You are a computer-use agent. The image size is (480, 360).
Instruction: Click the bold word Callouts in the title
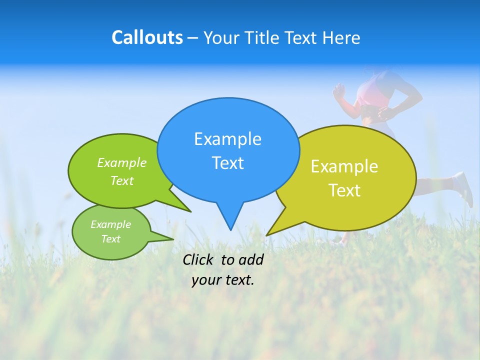147,37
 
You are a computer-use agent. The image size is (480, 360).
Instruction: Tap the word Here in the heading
341,37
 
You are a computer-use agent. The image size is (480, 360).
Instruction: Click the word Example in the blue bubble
227,139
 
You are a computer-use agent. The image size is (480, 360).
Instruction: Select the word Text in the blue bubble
227,163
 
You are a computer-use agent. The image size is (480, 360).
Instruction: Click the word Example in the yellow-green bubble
344,166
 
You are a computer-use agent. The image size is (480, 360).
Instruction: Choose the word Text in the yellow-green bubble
344,190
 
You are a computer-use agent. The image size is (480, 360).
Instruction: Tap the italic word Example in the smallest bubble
110,224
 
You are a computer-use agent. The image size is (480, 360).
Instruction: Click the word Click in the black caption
199,259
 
